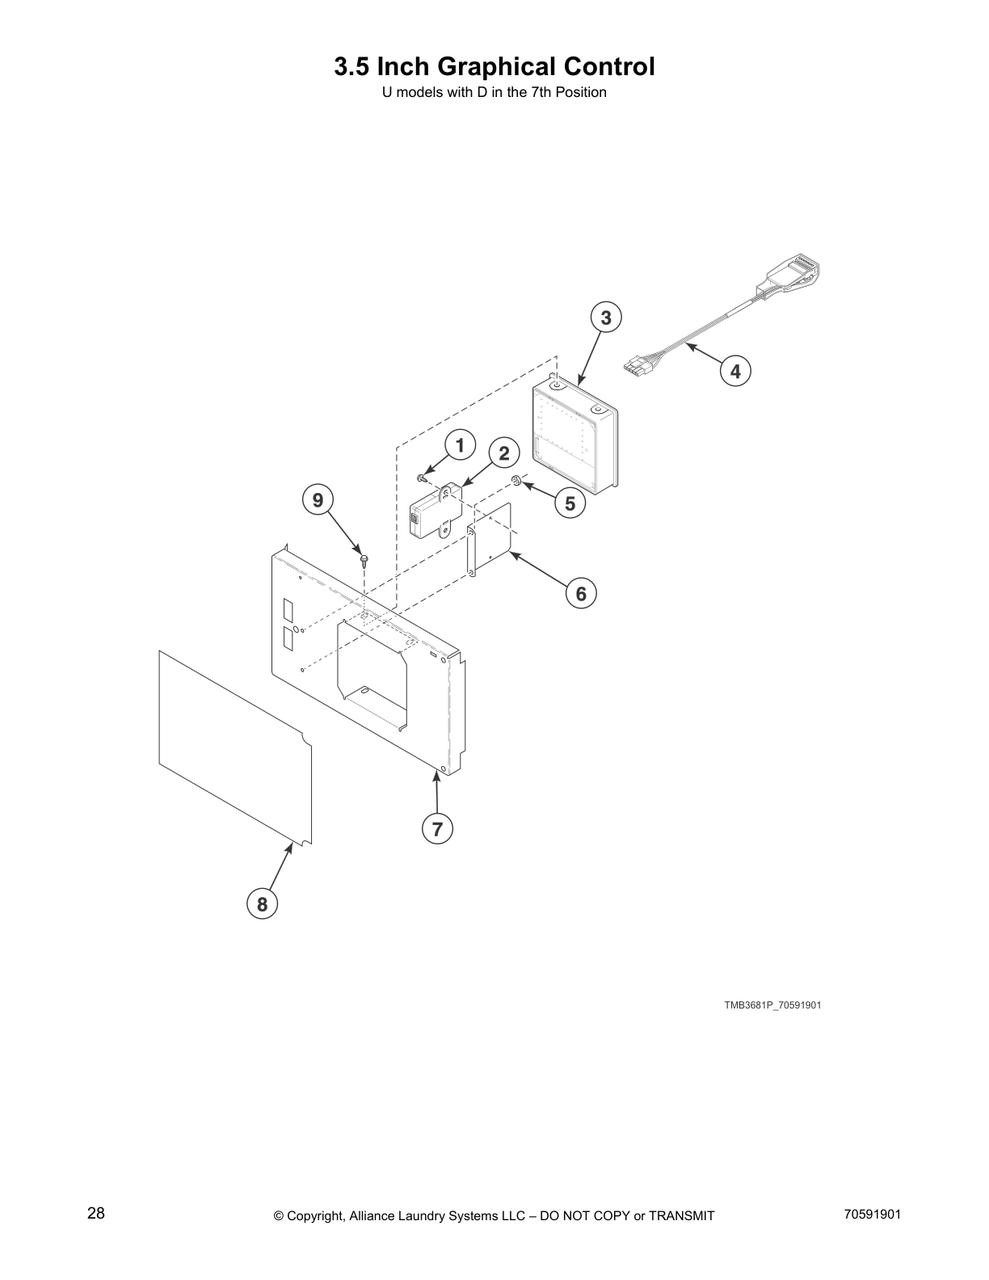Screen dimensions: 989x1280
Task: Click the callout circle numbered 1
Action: point(460,445)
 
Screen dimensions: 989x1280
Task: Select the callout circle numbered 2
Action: point(504,453)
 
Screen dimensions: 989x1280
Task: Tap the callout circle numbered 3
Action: point(606,318)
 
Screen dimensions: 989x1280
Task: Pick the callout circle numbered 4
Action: point(735,371)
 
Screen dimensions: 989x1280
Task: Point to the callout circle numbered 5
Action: point(570,503)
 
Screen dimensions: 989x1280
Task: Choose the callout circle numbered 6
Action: point(581,594)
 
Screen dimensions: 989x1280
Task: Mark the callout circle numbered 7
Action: point(437,829)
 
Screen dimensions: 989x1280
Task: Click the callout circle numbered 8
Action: point(262,903)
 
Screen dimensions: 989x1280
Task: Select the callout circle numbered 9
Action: point(318,500)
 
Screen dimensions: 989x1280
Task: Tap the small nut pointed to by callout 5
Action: point(515,482)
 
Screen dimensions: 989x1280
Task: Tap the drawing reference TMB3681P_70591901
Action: point(772,1005)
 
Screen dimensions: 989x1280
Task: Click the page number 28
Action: point(96,1214)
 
